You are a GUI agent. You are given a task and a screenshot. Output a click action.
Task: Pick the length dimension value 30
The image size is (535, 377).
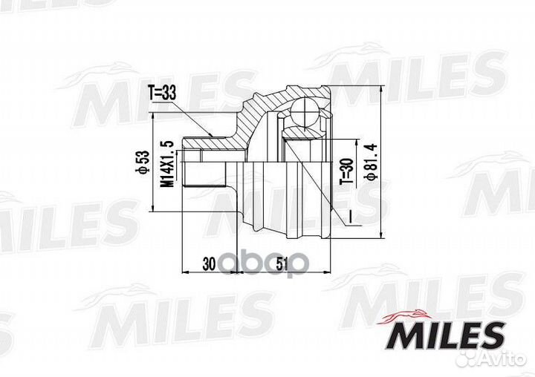tap(209, 262)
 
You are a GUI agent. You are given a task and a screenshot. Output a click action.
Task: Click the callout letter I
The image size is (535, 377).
tap(346, 216)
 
